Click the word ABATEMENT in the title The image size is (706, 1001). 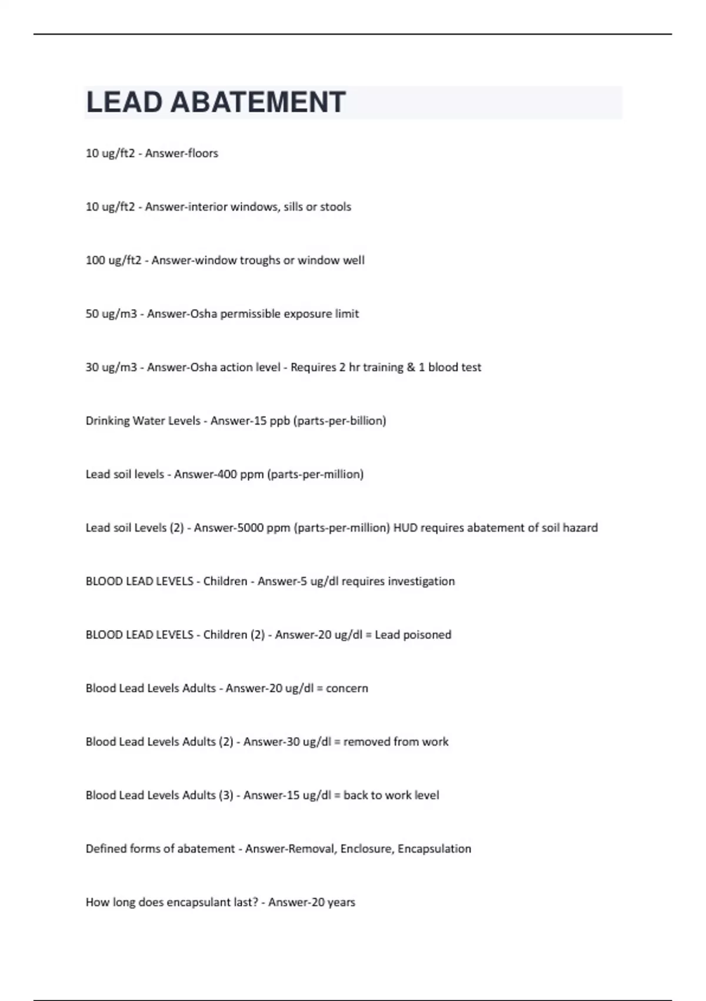pos(258,102)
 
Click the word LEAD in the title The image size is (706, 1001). pos(124,102)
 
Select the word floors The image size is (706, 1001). pos(203,153)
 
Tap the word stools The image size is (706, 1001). pos(335,207)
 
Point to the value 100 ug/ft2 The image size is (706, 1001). pos(114,260)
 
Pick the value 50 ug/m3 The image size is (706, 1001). pos(111,314)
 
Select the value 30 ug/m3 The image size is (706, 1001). pos(111,367)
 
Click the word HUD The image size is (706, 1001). pos(405,528)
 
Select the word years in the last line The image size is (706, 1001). pos(341,903)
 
